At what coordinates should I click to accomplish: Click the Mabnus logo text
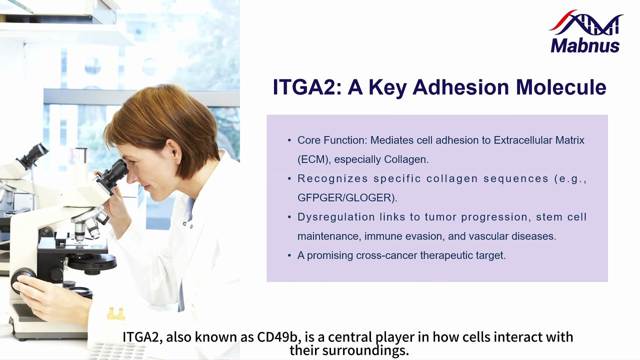pos(585,45)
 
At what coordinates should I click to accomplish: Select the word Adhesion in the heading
pos(460,87)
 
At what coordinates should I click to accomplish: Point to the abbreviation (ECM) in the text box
pos(314,159)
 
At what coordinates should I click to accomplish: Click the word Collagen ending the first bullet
pos(406,159)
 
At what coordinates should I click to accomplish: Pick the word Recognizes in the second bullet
pos(332,178)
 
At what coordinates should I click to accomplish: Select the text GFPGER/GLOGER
pos(345,197)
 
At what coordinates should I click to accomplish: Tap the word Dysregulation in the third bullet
pos(336,217)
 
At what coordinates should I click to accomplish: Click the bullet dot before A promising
pos(289,255)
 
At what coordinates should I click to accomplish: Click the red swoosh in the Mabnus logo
pos(563,19)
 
